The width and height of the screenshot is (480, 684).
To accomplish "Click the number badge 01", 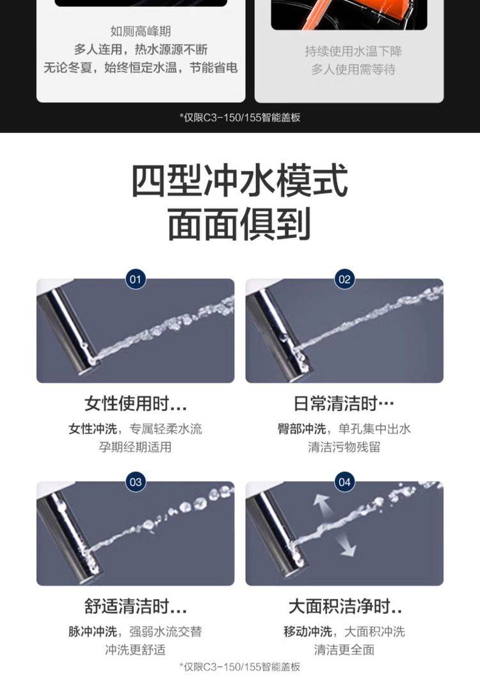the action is point(136,279).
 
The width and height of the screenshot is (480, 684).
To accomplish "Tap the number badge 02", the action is point(344,279).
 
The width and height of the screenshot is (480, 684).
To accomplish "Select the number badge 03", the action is point(136,482).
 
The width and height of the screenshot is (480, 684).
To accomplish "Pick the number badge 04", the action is point(344,482).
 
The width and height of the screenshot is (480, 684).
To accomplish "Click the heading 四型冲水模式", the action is point(240,180).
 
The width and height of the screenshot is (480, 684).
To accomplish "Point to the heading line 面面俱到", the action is point(239,224).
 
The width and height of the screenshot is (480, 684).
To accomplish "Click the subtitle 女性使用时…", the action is point(136,403).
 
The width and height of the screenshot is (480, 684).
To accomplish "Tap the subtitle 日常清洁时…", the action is point(344,403).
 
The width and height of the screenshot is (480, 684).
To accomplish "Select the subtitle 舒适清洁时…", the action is point(136,607).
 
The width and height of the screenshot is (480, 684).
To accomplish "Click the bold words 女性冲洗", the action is point(93,429).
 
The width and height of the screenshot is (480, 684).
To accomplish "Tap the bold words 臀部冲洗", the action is point(302,429).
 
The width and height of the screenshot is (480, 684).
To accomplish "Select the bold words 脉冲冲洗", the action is point(93,632).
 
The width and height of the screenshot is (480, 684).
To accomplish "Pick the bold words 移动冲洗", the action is point(308,632).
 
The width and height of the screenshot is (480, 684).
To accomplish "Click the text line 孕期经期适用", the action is point(136,447).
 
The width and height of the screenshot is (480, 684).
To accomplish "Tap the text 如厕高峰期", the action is point(141,31).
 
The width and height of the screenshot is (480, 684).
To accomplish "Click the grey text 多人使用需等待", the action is point(353,70).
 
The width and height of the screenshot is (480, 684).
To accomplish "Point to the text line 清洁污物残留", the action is point(344,447).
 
